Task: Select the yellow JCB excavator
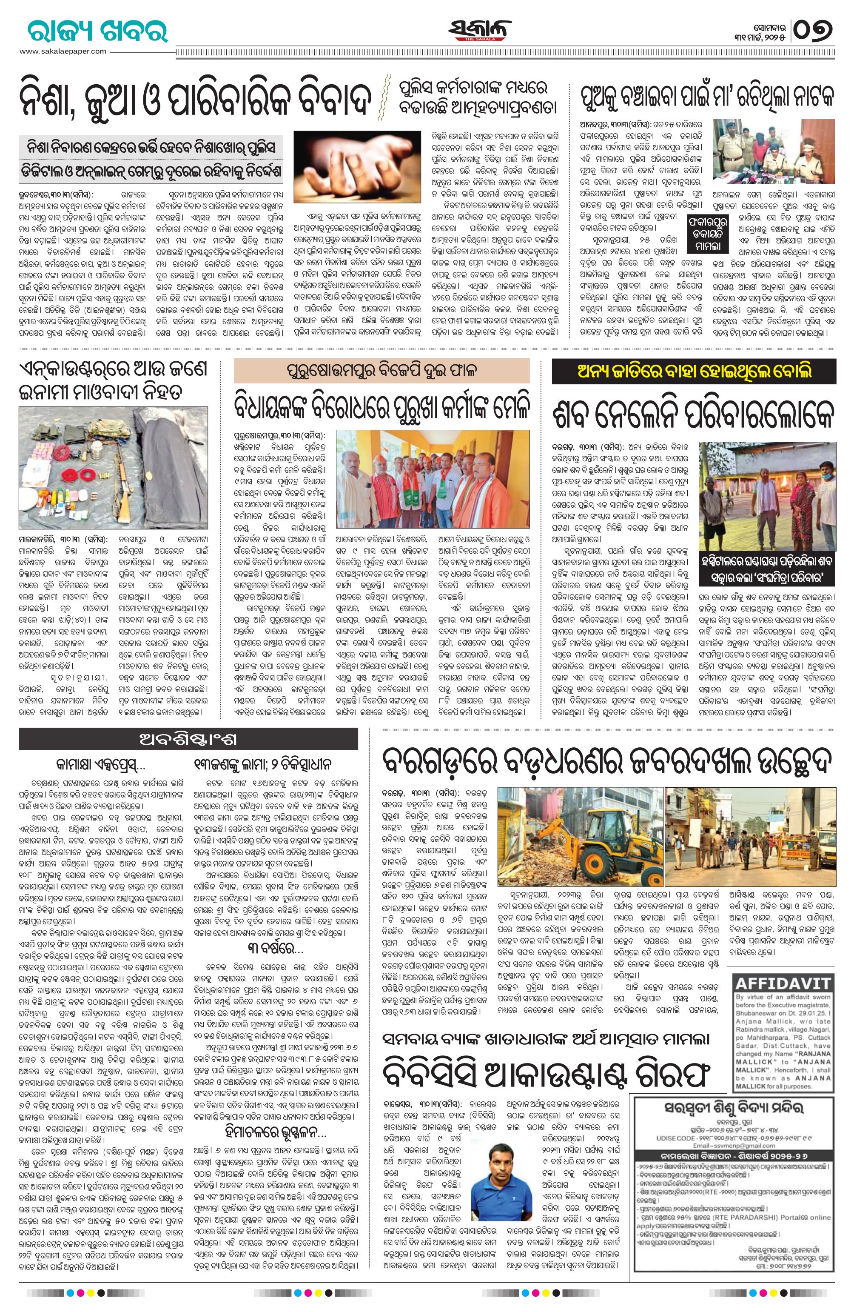coord(593,830)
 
